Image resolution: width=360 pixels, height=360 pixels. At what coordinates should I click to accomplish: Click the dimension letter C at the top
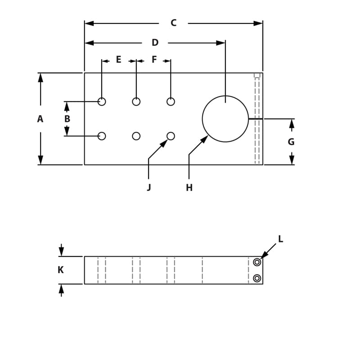[173, 23]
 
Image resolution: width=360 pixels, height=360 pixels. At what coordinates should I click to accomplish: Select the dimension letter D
[155, 43]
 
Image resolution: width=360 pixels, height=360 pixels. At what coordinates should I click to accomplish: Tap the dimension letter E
[119, 59]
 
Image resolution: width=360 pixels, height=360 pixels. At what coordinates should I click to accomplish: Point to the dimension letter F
[154, 59]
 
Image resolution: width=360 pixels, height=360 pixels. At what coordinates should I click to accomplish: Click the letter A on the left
[40, 119]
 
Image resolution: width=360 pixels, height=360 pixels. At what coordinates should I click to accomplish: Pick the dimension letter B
[67, 119]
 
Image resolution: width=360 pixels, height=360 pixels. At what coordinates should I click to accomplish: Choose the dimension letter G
[291, 142]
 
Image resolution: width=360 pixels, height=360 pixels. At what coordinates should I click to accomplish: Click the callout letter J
[148, 188]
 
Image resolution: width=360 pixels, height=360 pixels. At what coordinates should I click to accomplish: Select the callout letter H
[189, 188]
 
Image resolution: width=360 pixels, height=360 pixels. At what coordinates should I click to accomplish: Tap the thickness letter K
[61, 270]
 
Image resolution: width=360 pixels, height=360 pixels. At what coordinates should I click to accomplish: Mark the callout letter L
[280, 239]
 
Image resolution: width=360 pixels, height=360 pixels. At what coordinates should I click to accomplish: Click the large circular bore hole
[225, 119]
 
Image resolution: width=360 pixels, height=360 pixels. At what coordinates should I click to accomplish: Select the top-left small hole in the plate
[102, 102]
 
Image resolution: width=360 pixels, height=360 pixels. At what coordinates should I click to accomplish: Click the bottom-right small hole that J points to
[171, 136]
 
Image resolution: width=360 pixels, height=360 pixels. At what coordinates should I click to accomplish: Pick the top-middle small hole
[136, 102]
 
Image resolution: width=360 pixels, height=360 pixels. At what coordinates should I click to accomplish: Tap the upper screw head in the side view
[257, 262]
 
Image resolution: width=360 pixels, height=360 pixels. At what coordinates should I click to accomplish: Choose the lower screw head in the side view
[257, 278]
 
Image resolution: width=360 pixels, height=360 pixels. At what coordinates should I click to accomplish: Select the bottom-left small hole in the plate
[102, 136]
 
